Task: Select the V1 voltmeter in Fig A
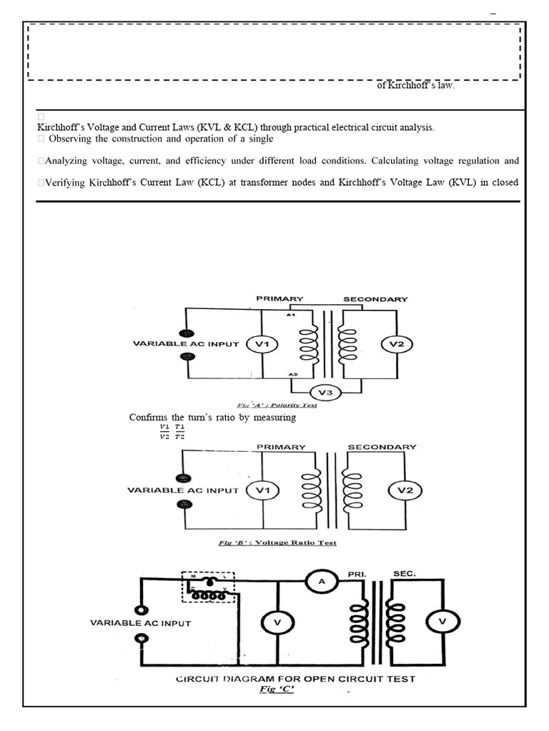261,345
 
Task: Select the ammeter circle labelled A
321,582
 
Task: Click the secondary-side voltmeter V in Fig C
441,622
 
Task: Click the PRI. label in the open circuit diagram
357,574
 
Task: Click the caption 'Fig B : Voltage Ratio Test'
277,543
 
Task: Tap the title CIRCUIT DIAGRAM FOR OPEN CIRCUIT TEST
295,679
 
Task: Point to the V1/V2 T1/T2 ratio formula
172,432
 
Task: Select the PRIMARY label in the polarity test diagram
280,298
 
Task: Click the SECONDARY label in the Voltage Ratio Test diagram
382,447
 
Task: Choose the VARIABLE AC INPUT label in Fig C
140,623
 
